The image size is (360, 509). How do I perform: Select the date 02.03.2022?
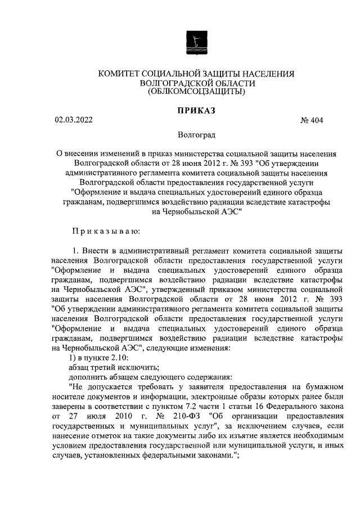tap(74, 120)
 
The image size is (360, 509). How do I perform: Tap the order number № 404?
tap(312, 120)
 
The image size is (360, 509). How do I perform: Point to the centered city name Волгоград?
tap(196, 136)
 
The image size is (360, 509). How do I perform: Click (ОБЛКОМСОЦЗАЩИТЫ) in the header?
tap(196, 91)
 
